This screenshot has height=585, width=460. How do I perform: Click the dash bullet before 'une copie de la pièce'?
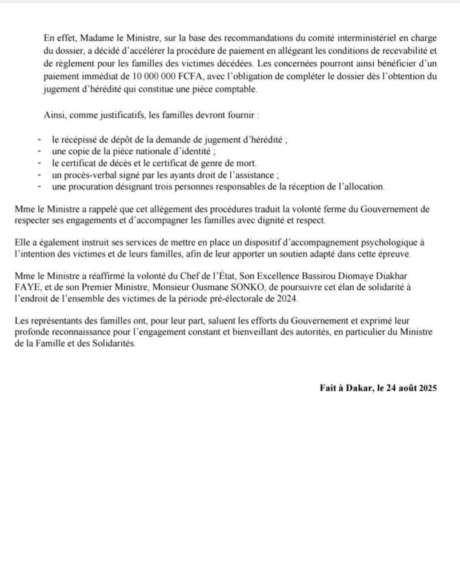point(39,151)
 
